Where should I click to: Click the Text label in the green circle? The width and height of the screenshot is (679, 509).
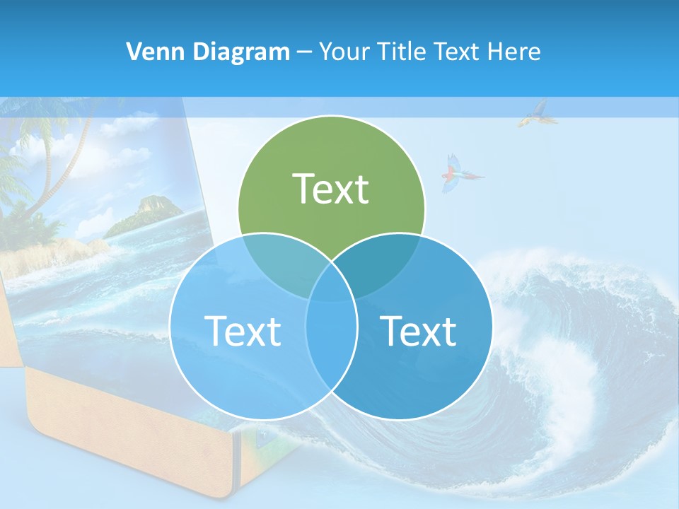331,189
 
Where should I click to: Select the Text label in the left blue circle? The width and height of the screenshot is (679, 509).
243,331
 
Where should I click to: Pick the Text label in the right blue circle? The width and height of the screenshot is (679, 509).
419,331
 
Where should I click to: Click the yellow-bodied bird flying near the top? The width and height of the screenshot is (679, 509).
534,113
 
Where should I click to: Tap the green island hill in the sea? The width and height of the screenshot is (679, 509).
145,212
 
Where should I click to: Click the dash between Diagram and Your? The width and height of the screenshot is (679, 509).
304,52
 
